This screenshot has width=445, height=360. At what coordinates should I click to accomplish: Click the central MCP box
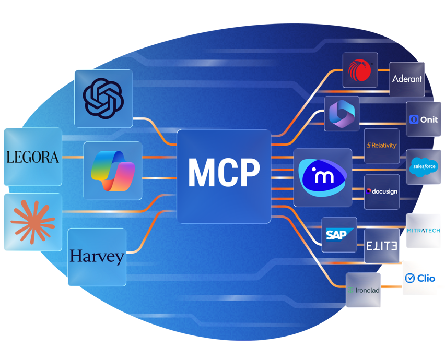[224, 175]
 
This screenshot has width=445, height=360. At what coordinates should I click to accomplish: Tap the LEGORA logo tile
[32, 157]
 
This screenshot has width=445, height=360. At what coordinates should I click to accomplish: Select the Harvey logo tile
[97, 257]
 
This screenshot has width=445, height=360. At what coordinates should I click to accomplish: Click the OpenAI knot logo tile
[103, 98]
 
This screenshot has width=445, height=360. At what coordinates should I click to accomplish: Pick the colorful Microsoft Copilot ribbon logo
[112, 170]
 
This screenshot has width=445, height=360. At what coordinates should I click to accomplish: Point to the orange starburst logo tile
[32, 221]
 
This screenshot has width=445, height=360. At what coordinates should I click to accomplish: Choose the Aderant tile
[407, 79]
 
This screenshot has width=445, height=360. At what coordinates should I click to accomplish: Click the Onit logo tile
[423, 119]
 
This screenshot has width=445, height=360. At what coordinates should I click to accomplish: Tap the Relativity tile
[381, 146]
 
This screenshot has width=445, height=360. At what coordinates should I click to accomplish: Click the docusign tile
[381, 191]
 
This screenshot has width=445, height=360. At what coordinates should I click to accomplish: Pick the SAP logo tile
[339, 234]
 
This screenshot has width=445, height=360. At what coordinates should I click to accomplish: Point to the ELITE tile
[381, 245]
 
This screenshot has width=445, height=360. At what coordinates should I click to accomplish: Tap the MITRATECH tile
[423, 231]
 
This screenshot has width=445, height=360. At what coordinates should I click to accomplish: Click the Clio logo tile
[419, 278]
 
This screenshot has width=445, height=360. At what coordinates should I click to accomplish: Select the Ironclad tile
[363, 290]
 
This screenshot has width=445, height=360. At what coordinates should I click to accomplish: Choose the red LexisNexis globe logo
[360, 69]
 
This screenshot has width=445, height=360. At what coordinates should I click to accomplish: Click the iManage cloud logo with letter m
[322, 177]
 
